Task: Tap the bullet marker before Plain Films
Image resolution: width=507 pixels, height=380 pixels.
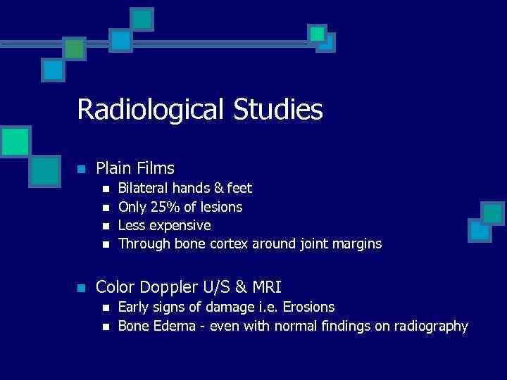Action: tap(82, 170)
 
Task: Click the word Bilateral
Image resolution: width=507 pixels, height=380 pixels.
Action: tap(143, 189)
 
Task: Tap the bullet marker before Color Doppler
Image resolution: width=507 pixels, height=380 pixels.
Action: tap(82, 288)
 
